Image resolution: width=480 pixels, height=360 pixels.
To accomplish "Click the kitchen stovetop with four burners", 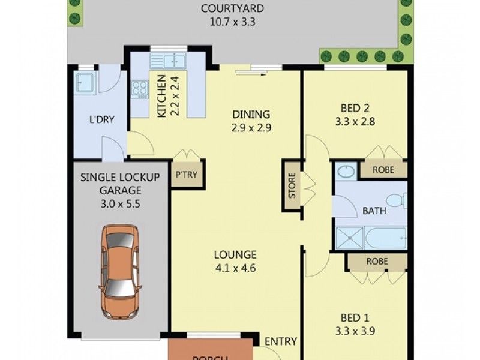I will tap(140, 89).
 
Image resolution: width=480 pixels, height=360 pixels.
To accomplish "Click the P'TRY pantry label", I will tap(187, 175).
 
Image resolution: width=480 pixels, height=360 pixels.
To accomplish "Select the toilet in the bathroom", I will tap(397, 200).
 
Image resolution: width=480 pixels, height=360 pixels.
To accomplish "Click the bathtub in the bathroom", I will tap(385, 237).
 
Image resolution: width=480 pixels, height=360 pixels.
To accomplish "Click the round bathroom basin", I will tap(345, 173).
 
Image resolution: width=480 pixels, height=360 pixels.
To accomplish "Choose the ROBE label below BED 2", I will tap(383, 170).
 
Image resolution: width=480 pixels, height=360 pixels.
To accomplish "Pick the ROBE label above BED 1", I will tap(376, 262).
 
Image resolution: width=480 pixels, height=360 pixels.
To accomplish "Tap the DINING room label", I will tap(251, 114).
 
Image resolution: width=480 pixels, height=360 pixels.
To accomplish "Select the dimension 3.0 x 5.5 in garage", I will tap(121, 204).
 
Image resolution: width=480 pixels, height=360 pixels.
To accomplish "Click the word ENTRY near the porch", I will tap(281, 341).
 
